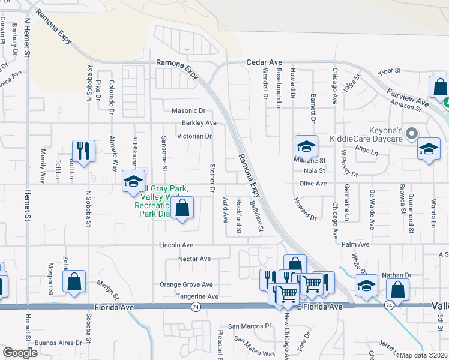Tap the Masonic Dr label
188,110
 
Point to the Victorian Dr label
194,136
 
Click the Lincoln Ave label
176,245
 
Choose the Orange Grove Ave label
186,284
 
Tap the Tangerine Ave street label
197,297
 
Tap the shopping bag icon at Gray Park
183,208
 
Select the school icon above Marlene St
306,146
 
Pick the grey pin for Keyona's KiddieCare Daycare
411,133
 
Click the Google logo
20,353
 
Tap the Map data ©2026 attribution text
423,355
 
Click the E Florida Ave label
320,307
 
